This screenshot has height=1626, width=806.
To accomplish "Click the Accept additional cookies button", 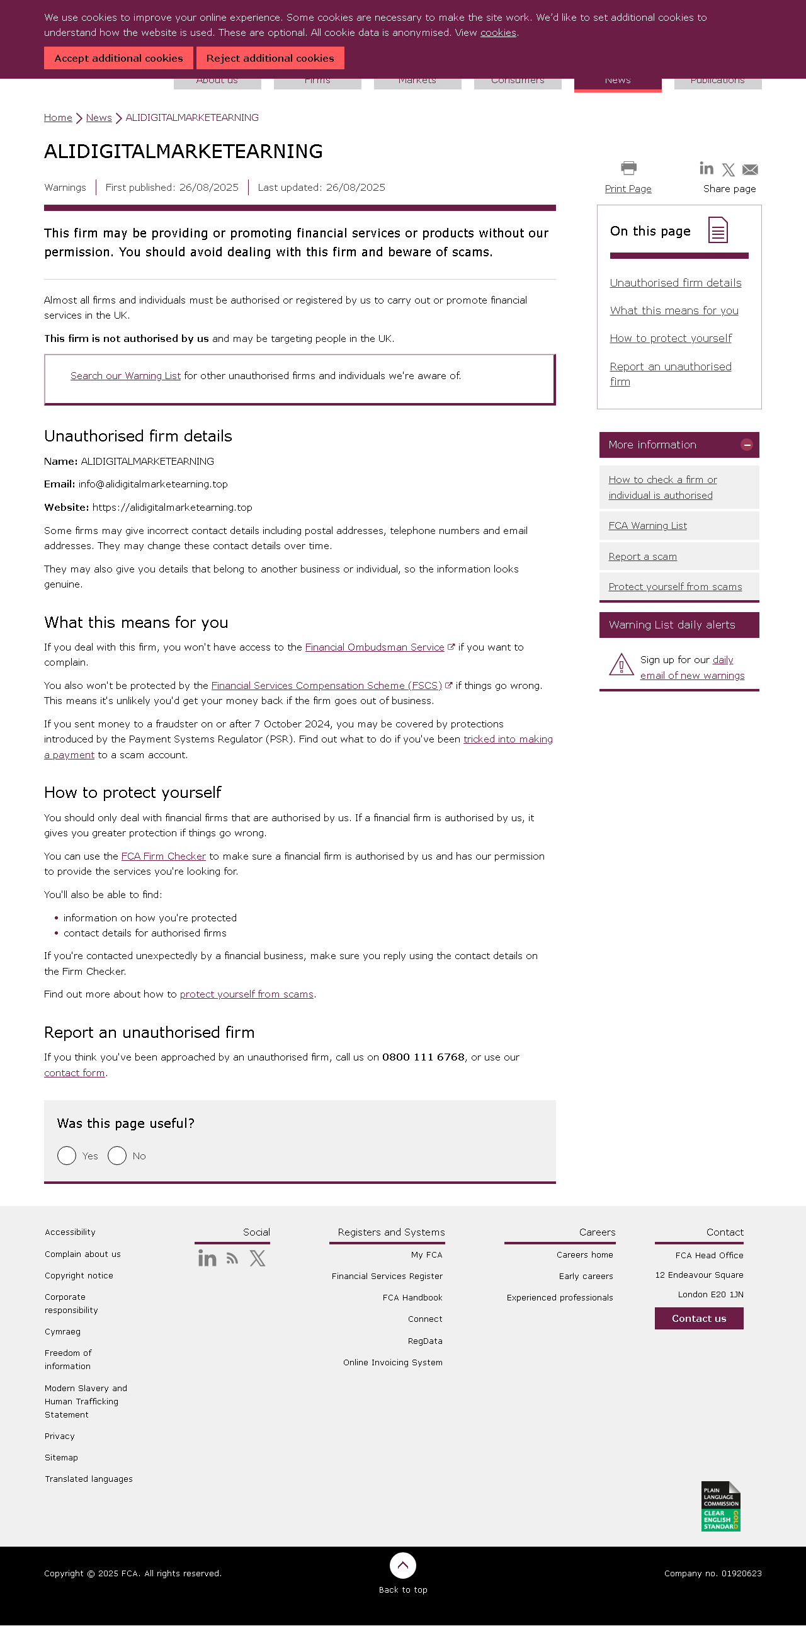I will click(118, 58).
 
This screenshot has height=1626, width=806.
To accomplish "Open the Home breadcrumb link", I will click(58, 117).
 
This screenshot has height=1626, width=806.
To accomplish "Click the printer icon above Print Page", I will click(628, 168).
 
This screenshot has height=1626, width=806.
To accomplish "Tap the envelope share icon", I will click(750, 169).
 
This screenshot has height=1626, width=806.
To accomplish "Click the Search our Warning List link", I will click(125, 375).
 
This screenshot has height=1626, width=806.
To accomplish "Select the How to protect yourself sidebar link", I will click(670, 338).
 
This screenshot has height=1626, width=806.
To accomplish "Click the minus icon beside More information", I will click(747, 445).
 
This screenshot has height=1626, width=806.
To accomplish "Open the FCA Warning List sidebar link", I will click(647, 526).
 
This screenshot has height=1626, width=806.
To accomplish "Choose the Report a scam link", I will click(642, 557).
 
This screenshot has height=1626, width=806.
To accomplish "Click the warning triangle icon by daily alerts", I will click(621, 664).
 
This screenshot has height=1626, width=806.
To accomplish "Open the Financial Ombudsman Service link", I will click(374, 647).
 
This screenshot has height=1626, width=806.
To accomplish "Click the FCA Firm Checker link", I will click(164, 856).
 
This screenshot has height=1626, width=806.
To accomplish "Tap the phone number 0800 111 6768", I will click(423, 1057).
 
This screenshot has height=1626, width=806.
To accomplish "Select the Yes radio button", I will click(67, 1155).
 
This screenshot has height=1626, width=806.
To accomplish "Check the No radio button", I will click(117, 1155).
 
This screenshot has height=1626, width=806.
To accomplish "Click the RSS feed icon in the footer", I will click(232, 1259).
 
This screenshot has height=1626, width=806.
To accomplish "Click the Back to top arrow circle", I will click(402, 1565).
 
